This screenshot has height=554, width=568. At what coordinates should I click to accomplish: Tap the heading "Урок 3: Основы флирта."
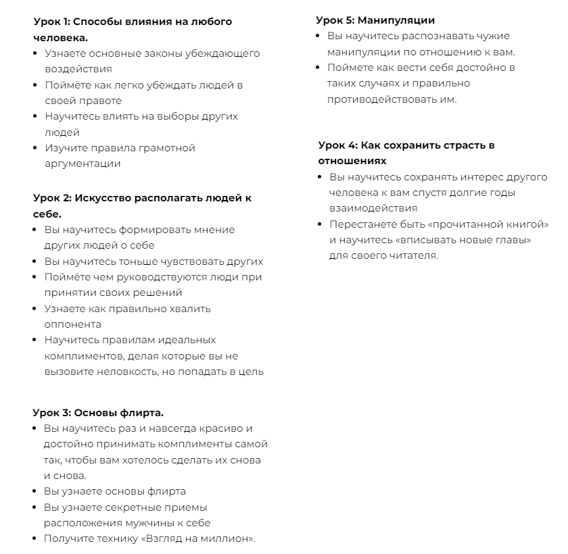click(x=98, y=412)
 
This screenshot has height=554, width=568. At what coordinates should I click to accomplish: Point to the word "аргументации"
click(x=82, y=163)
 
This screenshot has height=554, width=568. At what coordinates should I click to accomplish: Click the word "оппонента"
click(x=72, y=324)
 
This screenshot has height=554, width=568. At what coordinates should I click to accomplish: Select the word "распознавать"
click(x=423, y=36)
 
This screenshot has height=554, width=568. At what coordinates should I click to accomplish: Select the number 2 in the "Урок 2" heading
click(x=66, y=198)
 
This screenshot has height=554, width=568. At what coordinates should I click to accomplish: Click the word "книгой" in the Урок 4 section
click(x=527, y=224)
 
